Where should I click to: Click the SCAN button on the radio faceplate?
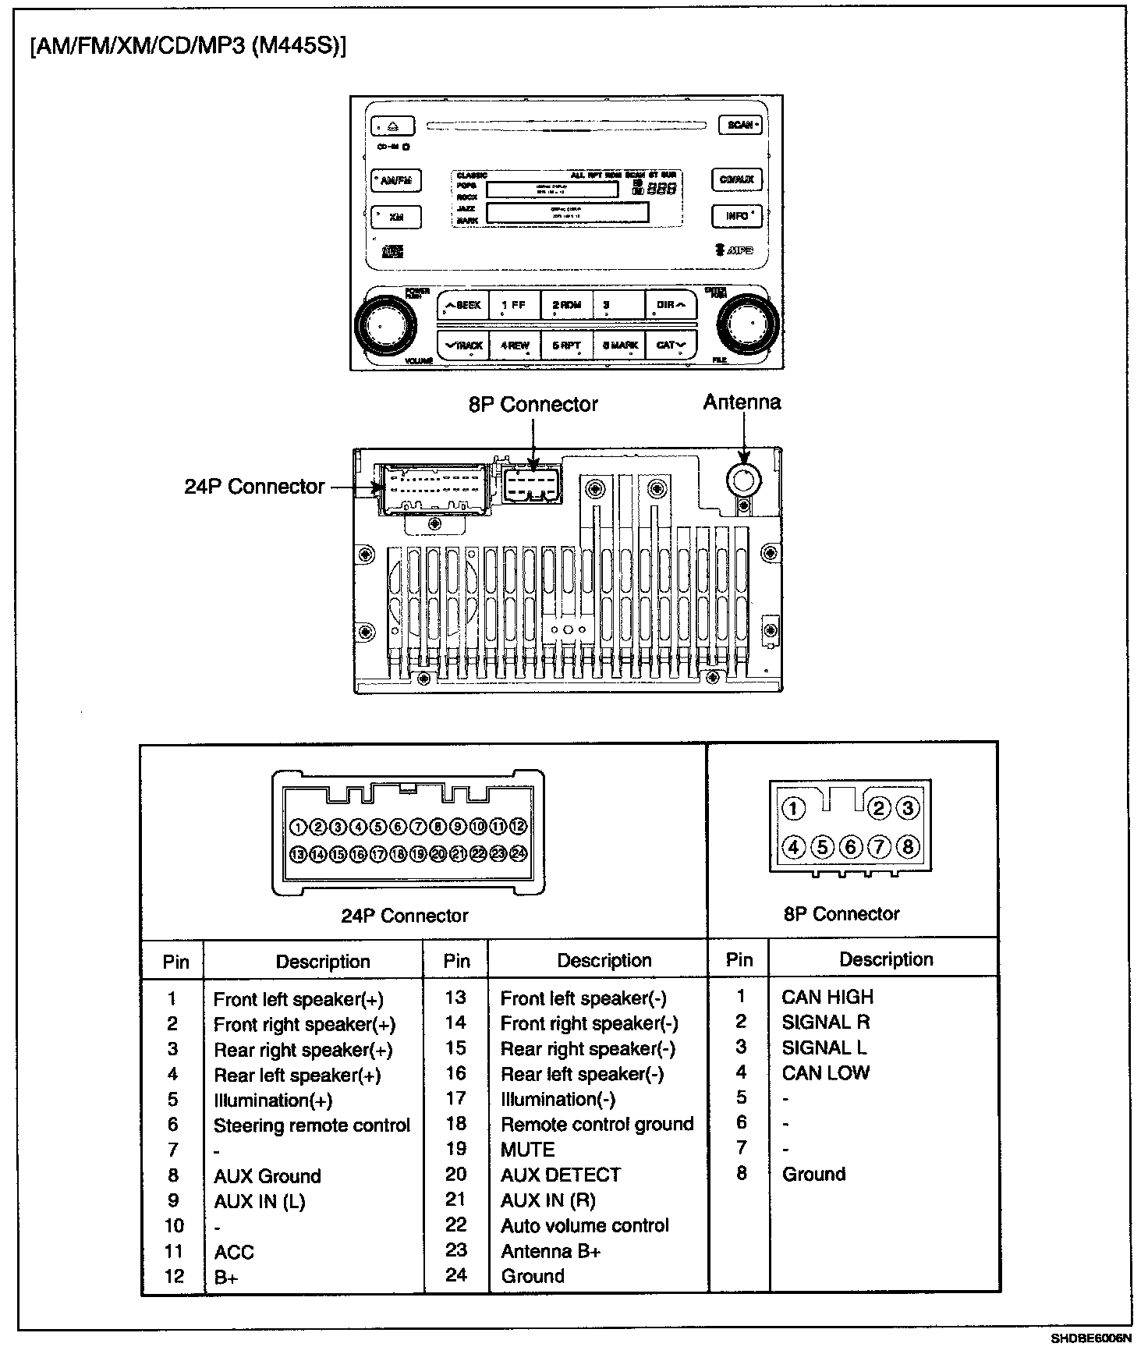[739, 125]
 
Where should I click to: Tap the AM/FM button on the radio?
[396, 181]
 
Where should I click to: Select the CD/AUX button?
[736, 180]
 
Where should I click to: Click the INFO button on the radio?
[736, 216]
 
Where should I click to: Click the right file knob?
[748, 321]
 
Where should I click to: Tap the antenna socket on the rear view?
[744, 480]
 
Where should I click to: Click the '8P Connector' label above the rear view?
[533, 405]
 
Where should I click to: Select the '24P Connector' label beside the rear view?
[254, 487]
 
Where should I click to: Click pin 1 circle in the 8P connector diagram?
[793, 809]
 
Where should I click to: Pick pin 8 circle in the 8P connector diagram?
[907, 846]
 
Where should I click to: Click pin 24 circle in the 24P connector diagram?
[519, 854]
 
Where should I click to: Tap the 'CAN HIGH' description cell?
[827, 997]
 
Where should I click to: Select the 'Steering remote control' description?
[311, 1125]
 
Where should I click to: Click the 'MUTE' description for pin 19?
[528, 1150]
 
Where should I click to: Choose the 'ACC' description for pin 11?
[234, 1253]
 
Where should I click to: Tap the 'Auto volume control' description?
[585, 1225]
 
